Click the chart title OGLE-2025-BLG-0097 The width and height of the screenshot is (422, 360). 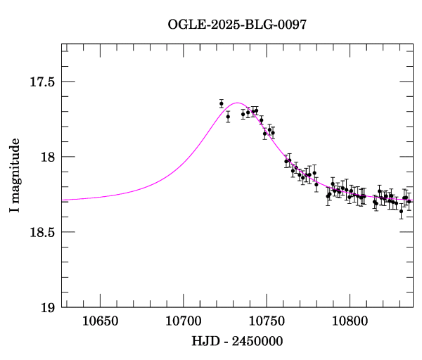(x=237, y=25)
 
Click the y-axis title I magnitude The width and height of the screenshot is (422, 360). (x=14, y=176)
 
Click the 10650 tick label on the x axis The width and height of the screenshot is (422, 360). (x=100, y=321)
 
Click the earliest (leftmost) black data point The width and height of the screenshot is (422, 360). (x=222, y=103)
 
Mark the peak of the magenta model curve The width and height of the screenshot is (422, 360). (x=237, y=103)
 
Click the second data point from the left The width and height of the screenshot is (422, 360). (x=228, y=117)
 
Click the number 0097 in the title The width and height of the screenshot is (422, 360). (x=292, y=25)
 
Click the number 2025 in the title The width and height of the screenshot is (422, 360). (x=222, y=25)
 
